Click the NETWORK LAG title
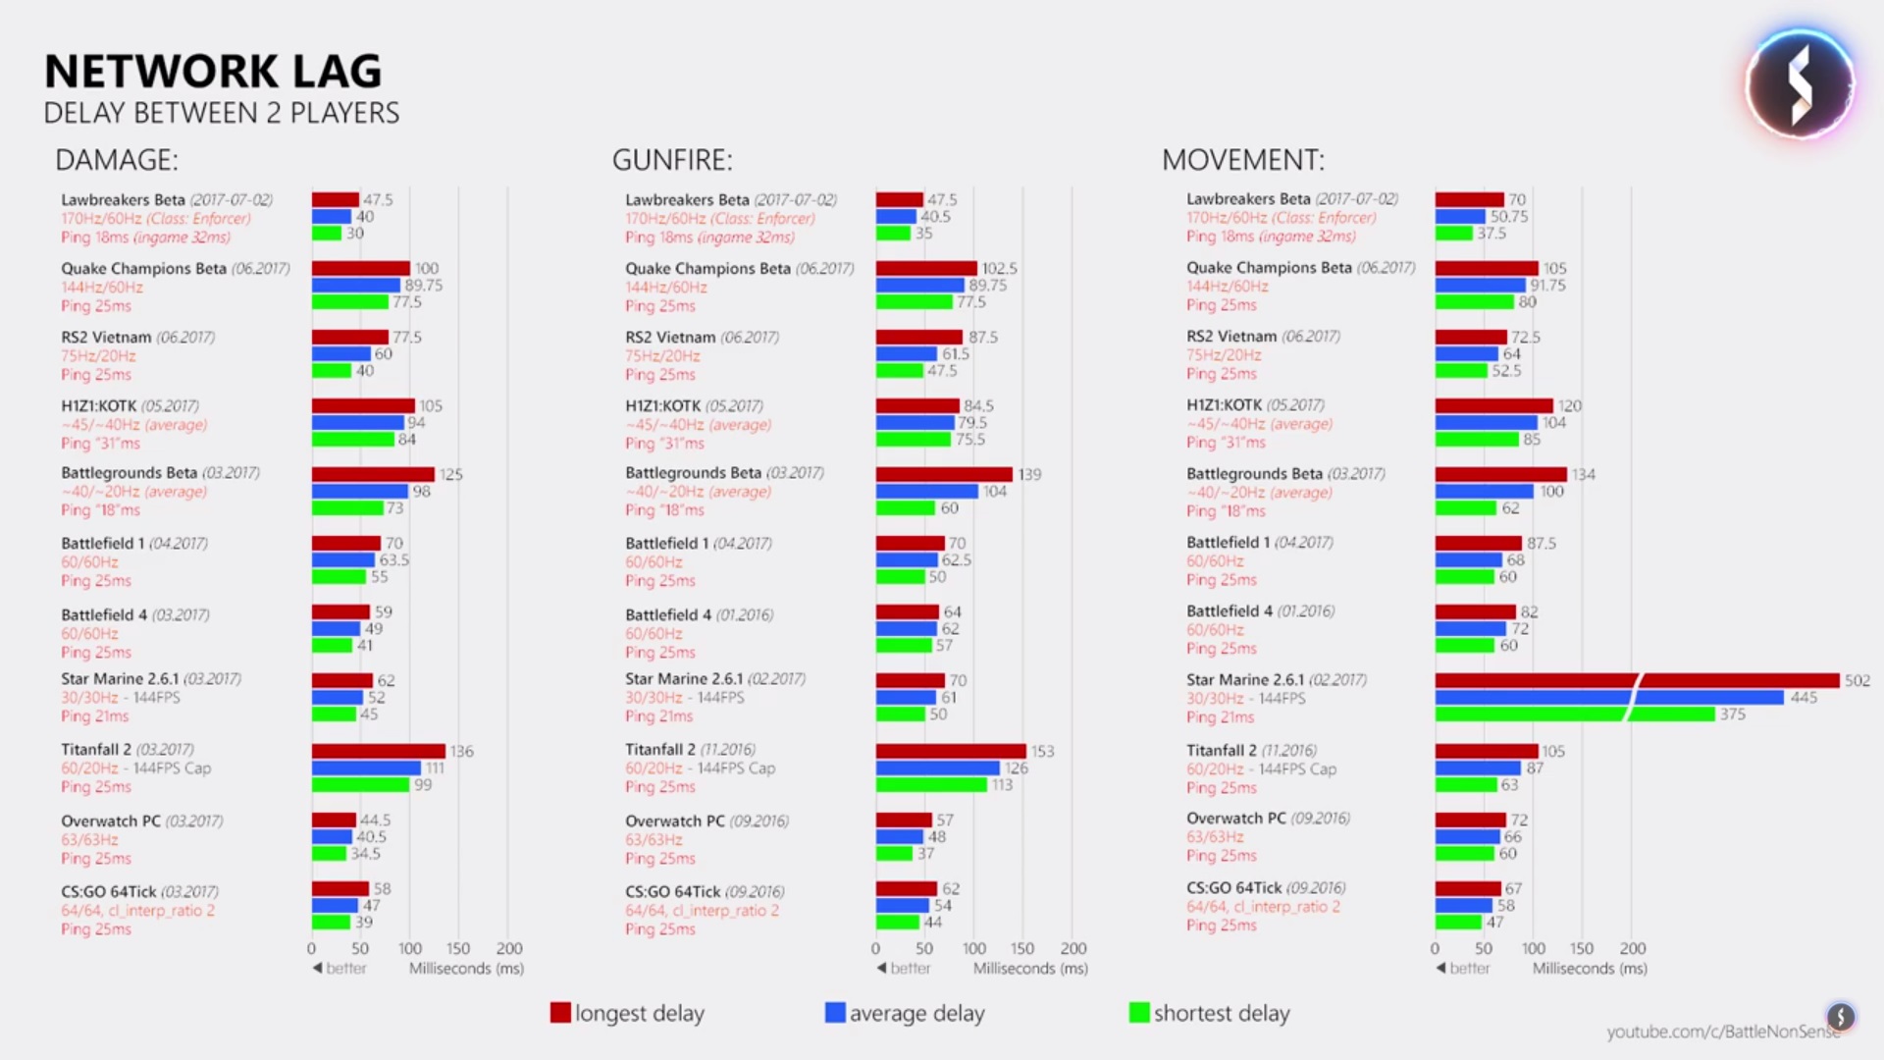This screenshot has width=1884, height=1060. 213,72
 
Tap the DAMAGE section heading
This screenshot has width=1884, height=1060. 117,160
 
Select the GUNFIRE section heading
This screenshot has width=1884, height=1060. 672,160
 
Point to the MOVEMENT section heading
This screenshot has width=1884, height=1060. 1242,160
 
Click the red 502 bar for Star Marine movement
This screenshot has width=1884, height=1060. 1637,680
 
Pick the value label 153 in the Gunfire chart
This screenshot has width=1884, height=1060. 1042,751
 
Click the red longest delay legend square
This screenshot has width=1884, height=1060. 560,1013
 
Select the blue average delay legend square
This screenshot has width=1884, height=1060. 835,1013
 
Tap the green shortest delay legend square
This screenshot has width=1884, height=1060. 1139,1013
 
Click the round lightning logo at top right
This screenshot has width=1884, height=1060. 1800,84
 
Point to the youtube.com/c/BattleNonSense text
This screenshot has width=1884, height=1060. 1722,1032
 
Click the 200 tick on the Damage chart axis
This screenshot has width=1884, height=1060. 509,948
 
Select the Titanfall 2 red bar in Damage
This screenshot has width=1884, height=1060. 379,751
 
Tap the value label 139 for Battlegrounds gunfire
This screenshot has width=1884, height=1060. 1029,474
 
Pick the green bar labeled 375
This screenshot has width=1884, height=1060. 1575,714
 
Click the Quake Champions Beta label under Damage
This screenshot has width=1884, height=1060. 143,268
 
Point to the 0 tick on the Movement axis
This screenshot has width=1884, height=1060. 1435,948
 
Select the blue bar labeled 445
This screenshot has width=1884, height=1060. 1609,697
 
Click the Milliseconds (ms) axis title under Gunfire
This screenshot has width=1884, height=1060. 1030,969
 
